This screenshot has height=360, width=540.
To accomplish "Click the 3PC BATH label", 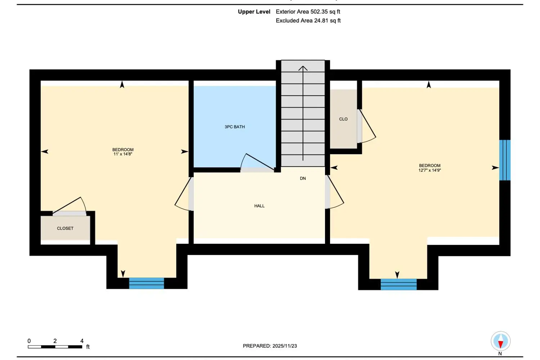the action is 235,127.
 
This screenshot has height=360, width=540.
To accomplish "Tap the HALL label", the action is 260,206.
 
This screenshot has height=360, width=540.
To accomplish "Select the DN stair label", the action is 303,179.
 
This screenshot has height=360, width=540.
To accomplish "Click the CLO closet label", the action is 343,119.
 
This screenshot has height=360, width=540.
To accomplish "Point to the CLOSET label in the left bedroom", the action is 65,228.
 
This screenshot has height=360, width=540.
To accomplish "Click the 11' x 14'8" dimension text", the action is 123,154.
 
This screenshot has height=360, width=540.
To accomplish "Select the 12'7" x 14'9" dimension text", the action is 429,170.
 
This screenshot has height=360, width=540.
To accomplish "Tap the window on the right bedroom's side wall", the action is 505,160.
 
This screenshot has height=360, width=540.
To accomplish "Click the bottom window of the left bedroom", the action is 147,283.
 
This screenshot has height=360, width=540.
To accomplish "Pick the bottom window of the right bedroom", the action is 399,284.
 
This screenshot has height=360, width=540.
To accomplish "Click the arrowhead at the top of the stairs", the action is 303,68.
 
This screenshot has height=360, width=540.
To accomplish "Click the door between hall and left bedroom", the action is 184,194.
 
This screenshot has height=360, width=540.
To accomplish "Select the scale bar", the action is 55,347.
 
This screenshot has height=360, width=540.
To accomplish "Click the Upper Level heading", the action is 254,12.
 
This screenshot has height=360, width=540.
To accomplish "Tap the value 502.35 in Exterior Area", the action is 319,12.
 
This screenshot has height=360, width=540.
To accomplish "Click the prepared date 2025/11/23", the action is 285,346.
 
